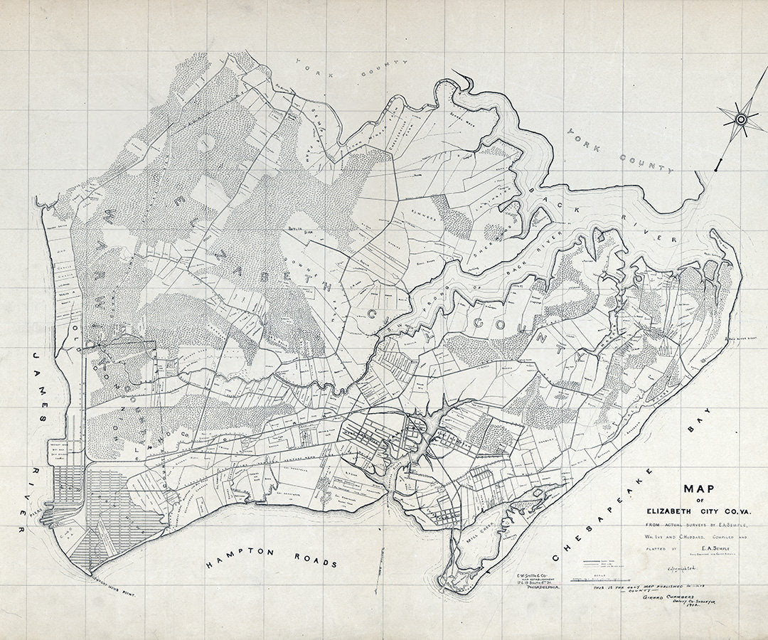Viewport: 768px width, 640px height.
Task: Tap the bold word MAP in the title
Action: (700, 491)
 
